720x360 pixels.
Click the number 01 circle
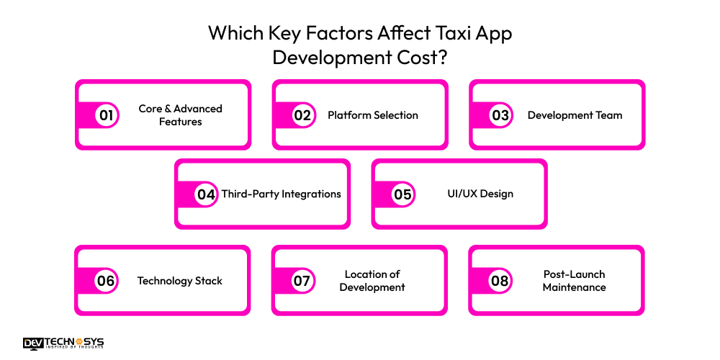coord(106,115)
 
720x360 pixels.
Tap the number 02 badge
coord(302,115)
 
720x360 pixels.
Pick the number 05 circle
coord(402,194)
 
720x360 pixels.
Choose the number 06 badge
coord(106,281)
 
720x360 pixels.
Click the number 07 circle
coord(301,281)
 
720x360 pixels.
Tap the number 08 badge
coord(500,281)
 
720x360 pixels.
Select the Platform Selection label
coord(373,115)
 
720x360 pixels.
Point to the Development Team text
coord(575,115)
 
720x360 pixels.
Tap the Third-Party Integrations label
coord(281,194)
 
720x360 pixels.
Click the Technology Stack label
coord(180,281)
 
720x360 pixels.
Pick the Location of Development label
coord(372,281)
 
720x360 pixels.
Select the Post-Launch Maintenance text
coord(574,281)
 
